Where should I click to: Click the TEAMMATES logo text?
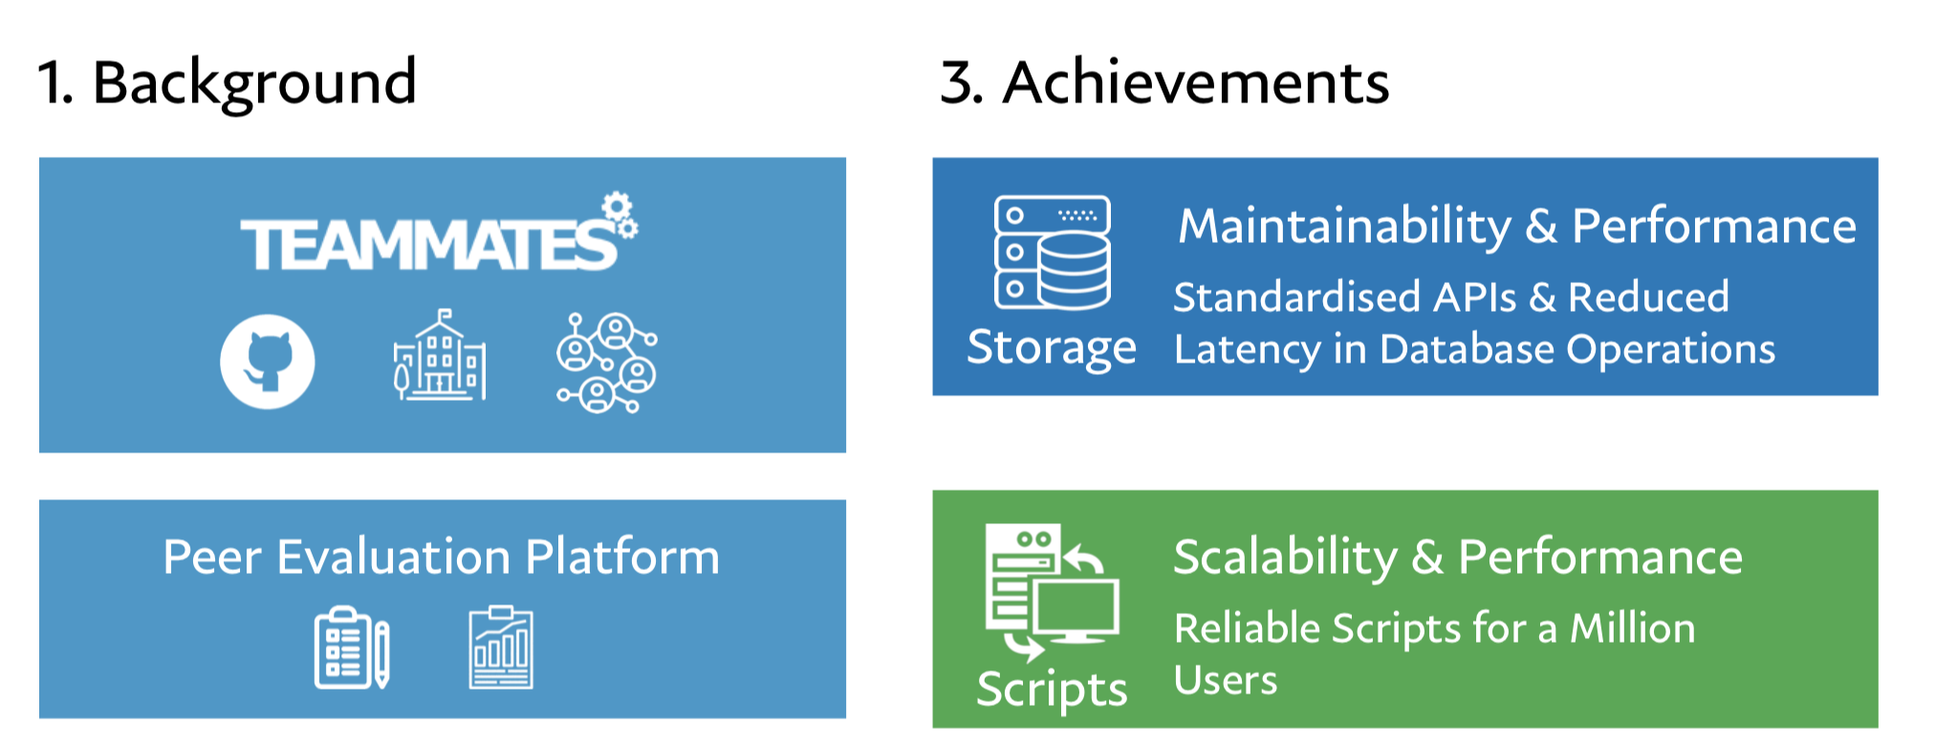[428, 244]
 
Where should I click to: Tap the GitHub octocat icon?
[268, 362]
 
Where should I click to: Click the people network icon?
[606, 363]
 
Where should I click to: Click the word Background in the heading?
[254, 82]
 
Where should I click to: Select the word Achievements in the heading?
[1195, 82]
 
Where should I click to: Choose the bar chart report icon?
[501, 648]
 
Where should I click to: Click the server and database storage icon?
[1052, 253]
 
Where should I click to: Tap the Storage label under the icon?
[1052, 347]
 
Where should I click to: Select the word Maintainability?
[1344, 227]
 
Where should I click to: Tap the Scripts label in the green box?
[1052, 689]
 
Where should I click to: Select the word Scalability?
[1285, 558]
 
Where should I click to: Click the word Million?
[1632, 628]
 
